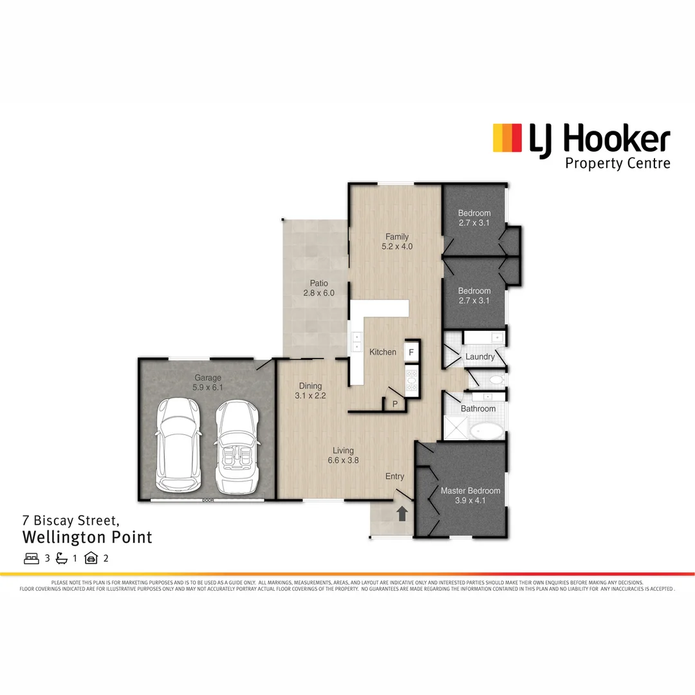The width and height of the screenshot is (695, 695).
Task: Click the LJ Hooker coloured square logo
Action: click(507, 138)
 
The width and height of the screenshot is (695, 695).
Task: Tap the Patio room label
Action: click(319, 283)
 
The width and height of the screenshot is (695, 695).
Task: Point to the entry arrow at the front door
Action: click(402, 513)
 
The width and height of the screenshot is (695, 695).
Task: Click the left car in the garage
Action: click(177, 445)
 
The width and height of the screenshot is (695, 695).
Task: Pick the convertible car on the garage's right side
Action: click(237, 447)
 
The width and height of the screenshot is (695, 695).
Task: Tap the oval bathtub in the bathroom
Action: click(486, 431)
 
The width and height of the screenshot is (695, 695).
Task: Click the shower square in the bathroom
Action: click(456, 428)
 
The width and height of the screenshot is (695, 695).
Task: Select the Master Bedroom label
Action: click(470, 491)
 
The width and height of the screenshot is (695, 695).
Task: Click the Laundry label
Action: click(480, 357)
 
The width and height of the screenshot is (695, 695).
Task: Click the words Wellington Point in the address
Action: click(88, 537)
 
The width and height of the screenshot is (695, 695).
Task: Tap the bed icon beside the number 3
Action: click(32, 558)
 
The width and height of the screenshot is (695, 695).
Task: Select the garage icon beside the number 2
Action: click(91, 558)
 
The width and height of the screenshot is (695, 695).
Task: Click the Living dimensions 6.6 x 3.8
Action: click(343, 460)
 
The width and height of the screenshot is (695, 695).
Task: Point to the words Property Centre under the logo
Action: click(617, 163)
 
